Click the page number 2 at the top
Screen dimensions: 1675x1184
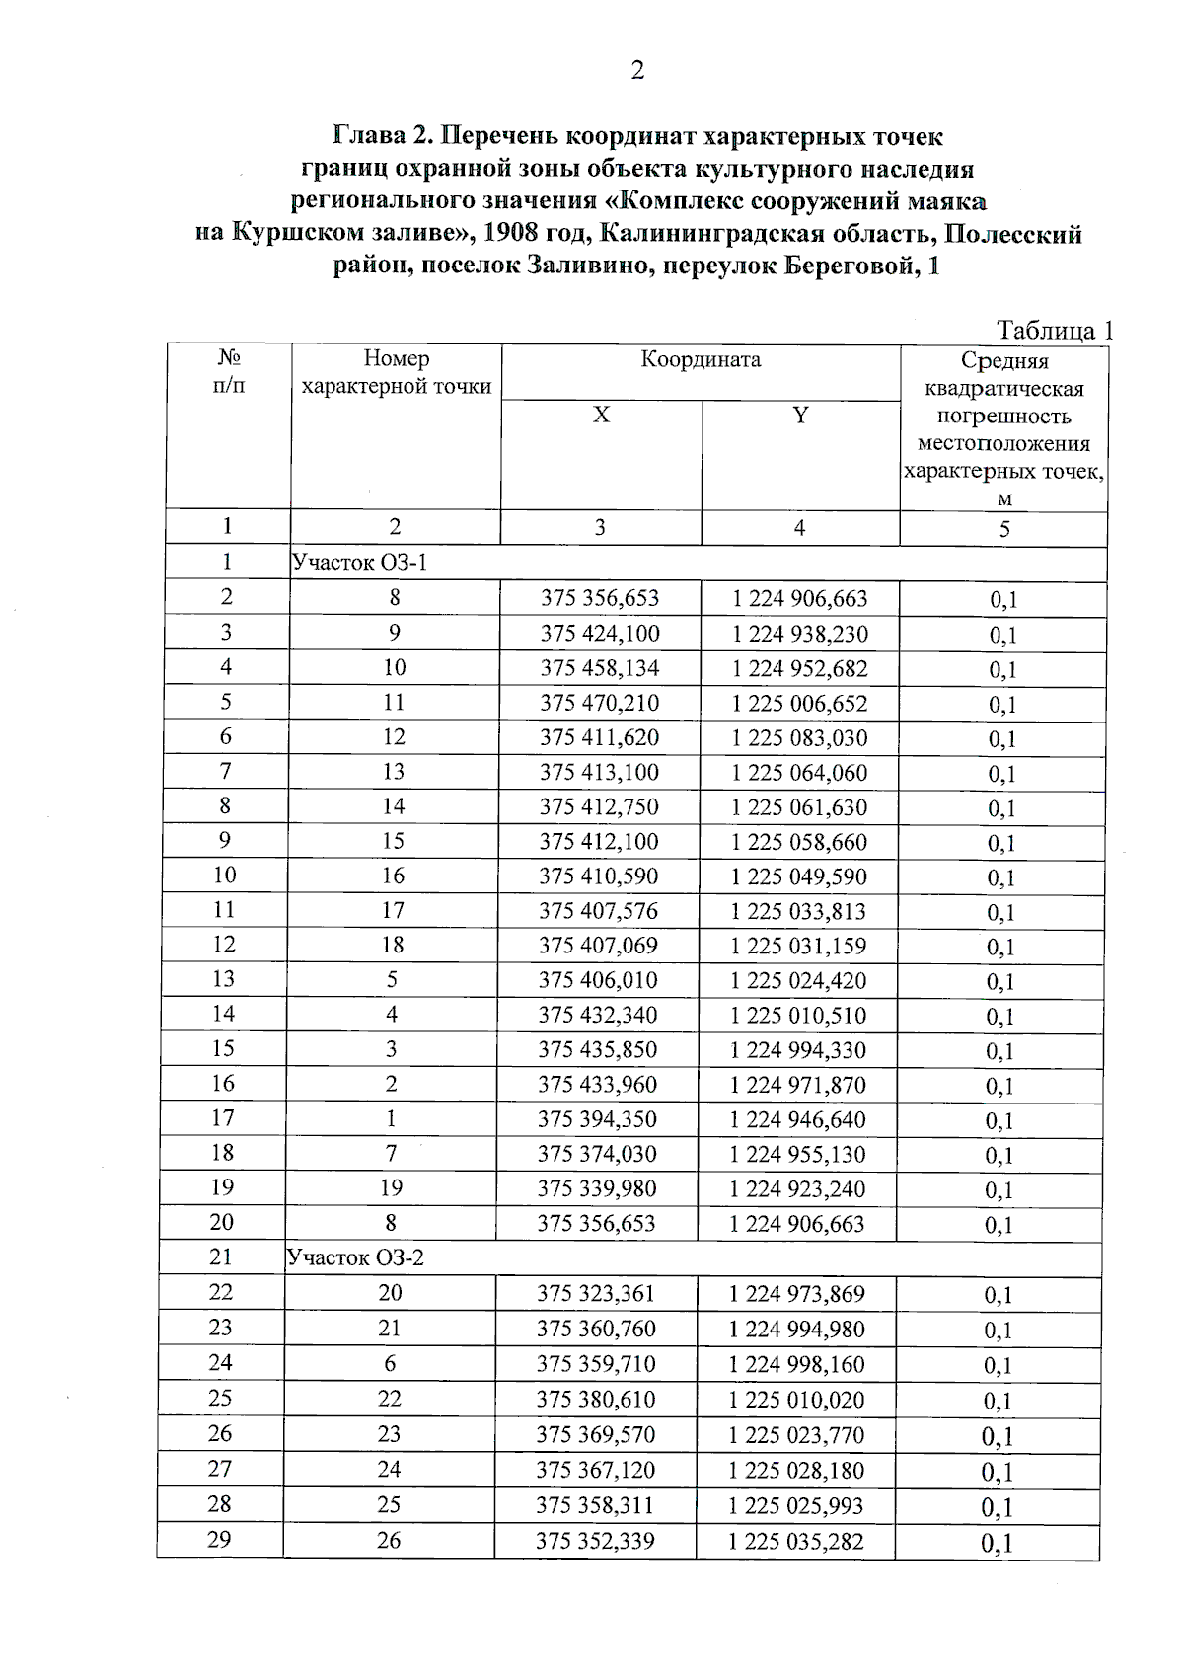(x=636, y=71)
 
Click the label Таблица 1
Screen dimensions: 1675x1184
(x=1054, y=330)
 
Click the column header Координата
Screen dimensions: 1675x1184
(x=701, y=359)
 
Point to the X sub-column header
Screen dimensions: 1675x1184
(x=601, y=416)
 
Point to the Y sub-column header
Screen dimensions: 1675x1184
(x=800, y=416)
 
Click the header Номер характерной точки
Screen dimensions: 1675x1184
(x=396, y=372)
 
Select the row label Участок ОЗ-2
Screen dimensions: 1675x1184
(x=356, y=1257)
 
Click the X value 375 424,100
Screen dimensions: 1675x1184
(x=600, y=633)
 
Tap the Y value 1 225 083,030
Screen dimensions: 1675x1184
(x=799, y=737)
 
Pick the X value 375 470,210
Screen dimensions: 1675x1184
(x=599, y=703)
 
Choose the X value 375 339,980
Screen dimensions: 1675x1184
(x=597, y=1188)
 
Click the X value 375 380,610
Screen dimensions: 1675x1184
(x=596, y=1399)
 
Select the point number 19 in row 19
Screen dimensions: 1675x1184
(x=392, y=1188)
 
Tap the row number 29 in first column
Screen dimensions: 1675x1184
(x=220, y=1539)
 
